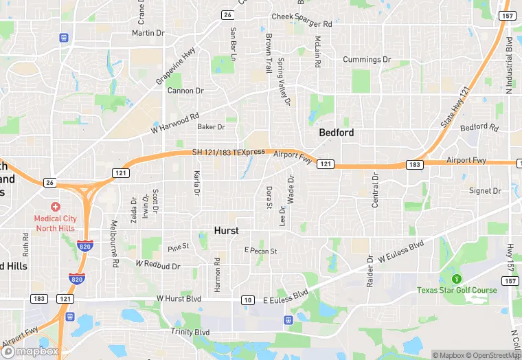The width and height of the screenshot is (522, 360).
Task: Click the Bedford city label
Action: [x=337, y=133]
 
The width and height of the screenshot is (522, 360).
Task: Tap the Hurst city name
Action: [x=227, y=231]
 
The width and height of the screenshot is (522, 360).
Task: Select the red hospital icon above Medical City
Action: [x=55, y=207]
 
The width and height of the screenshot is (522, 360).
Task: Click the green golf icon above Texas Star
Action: [x=456, y=278]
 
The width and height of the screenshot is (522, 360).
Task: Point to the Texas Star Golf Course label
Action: [x=457, y=290]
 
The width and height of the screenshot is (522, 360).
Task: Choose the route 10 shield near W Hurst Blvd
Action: [x=247, y=300]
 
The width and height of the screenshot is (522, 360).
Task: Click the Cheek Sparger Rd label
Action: [x=302, y=24]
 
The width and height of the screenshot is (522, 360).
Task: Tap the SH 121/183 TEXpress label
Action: [x=229, y=152]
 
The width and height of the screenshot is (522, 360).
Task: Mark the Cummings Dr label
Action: [x=367, y=60]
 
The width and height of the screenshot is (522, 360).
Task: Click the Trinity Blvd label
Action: [x=190, y=332]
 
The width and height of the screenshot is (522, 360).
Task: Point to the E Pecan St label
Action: [x=260, y=251]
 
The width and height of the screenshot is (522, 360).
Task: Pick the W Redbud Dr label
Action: [x=158, y=265]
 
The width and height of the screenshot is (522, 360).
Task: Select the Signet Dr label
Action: [x=485, y=190]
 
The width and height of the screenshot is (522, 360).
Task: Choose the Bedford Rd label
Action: [x=479, y=127]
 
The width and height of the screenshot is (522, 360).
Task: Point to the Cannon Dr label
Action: [x=185, y=91]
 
